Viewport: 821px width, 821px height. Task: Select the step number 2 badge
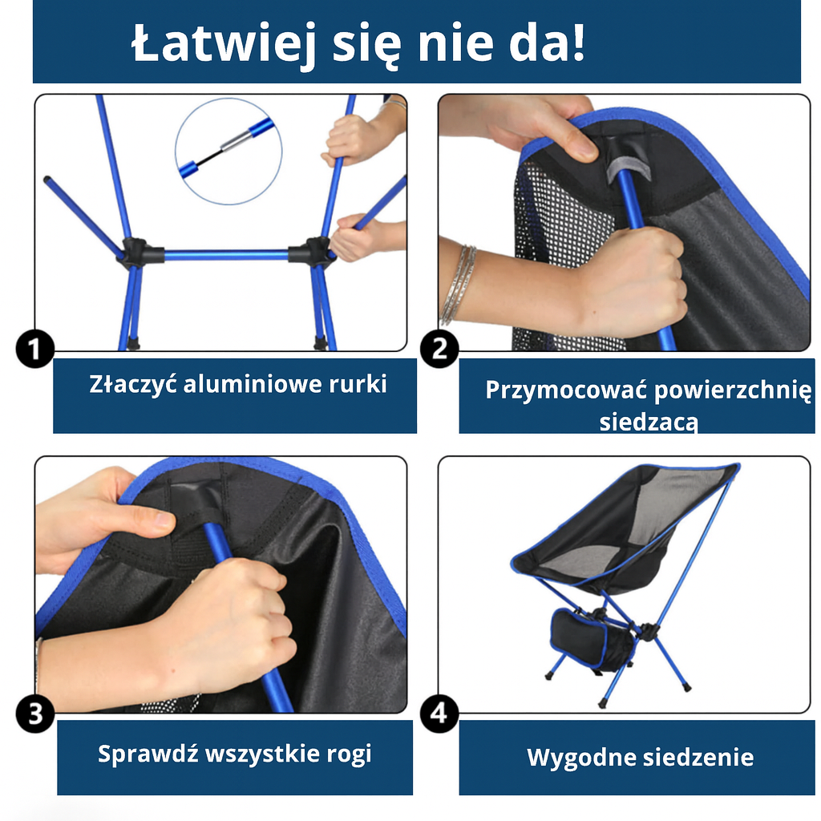[x=439, y=350]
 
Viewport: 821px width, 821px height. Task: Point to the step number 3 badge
[x=35, y=714]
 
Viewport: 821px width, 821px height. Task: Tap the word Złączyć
[x=132, y=384]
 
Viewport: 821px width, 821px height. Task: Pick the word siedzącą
[x=649, y=421]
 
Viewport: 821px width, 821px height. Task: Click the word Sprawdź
[x=148, y=754]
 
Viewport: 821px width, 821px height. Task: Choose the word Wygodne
[x=571, y=757]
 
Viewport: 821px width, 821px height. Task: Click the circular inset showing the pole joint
[x=229, y=150]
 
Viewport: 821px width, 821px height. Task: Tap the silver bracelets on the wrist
[x=458, y=285]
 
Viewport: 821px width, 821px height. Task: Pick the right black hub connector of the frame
[x=309, y=253]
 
